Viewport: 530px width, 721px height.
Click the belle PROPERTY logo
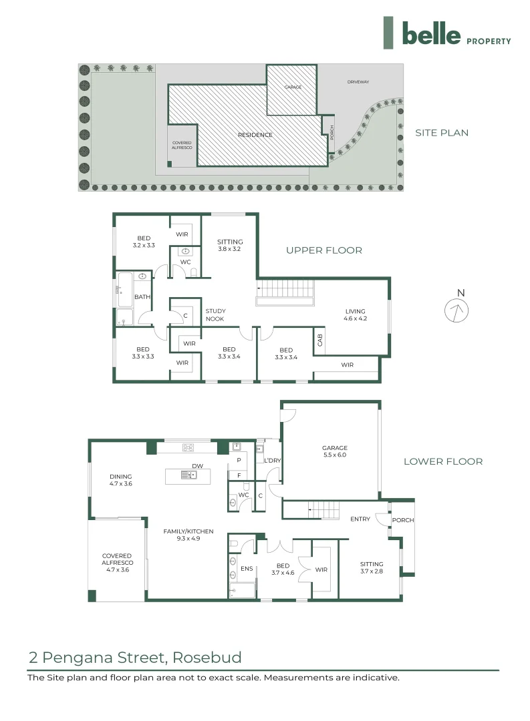[x=447, y=33]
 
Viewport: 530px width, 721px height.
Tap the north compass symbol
[x=457, y=310]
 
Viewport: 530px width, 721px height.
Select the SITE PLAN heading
[x=442, y=133]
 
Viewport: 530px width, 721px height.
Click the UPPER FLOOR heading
[x=324, y=250]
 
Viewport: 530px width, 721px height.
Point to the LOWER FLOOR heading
[x=442, y=461]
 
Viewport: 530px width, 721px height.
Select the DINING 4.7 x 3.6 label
[x=121, y=480]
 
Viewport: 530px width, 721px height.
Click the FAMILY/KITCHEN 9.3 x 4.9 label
[x=188, y=535]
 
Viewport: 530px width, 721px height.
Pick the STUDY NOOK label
[x=215, y=315]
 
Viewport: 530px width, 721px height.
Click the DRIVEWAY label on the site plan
[x=358, y=82]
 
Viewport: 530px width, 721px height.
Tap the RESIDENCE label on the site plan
[x=255, y=135]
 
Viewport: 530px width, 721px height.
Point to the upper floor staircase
[x=285, y=290]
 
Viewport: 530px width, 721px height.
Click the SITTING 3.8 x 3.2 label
[x=230, y=245]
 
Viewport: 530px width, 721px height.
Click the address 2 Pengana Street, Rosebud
[x=135, y=658]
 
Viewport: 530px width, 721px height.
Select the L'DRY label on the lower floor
[x=272, y=461]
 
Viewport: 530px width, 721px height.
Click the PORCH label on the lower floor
[x=402, y=520]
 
